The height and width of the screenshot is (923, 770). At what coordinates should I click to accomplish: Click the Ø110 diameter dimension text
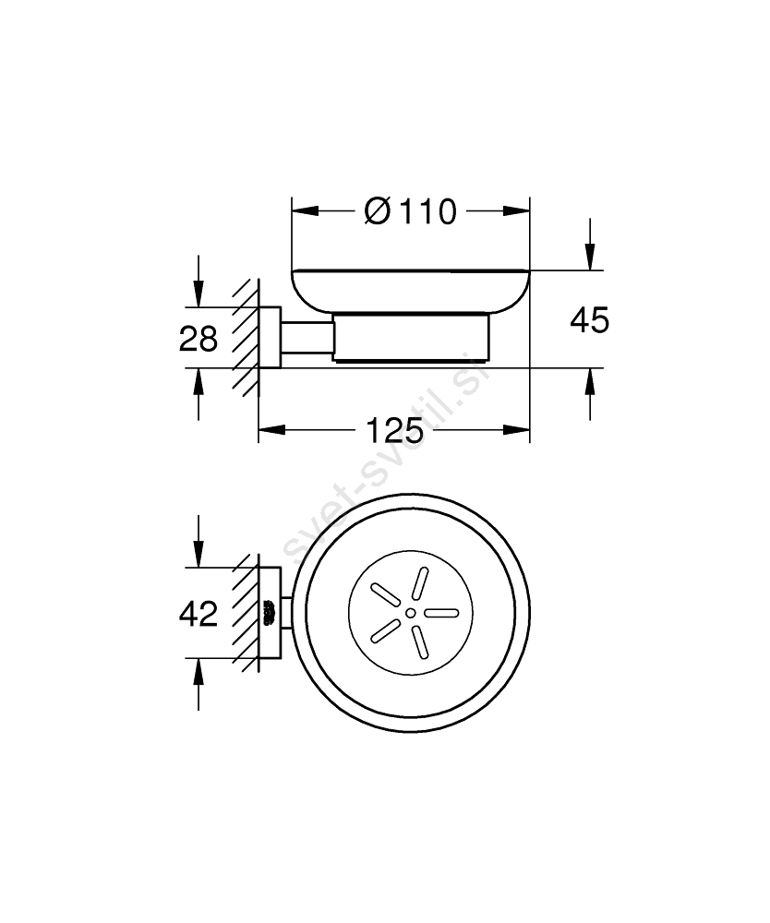tap(410, 211)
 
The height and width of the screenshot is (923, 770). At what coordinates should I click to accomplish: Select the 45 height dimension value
tap(589, 321)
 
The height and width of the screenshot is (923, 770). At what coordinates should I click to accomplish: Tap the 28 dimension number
tap(199, 340)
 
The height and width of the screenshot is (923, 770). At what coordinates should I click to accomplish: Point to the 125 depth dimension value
tap(394, 430)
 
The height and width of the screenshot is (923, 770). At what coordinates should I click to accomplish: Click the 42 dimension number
tap(199, 614)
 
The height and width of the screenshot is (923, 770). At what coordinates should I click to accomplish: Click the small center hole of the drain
tap(410, 614)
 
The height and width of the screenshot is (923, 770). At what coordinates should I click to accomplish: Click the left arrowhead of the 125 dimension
tap(272, 430)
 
